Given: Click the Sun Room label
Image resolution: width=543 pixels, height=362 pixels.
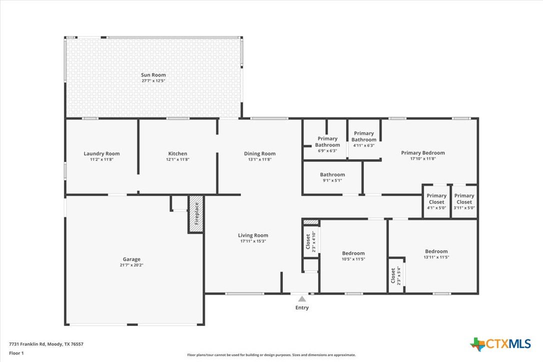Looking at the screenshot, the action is click(153, 75).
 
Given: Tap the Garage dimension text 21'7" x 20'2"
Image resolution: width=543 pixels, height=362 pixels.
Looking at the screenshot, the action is click(131, 265).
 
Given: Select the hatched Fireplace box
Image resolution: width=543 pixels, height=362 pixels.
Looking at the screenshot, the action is click(195, 214).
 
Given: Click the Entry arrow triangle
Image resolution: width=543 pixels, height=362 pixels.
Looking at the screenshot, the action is click(302, 299).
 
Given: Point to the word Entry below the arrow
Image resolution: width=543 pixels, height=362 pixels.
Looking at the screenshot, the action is click(302, 307).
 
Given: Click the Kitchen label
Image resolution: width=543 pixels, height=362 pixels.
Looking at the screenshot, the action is click(177, 153).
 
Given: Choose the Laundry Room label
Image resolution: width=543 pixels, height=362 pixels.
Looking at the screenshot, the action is click(101, 153).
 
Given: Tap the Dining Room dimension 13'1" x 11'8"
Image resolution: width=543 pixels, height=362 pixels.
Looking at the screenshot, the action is click(259, 159).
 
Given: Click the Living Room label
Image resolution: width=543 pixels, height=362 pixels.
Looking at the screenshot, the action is click(253, 235).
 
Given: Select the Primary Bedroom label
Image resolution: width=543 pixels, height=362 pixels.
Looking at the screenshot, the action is click(423, 153).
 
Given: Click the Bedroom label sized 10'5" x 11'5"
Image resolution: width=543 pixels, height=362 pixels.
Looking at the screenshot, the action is click(353, 253).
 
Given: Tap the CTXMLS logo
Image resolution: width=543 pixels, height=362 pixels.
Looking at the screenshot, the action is click(500, 344).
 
